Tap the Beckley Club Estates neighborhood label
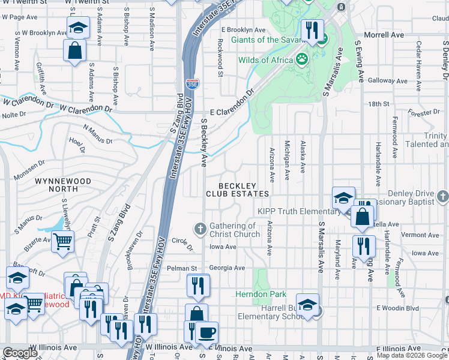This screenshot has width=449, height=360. (237, 190)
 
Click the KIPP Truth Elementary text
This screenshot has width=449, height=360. (299, 211)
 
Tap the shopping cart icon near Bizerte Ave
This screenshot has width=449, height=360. (62, 242)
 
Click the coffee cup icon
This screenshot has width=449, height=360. (207, 332)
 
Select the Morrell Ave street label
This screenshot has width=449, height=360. (384, 35)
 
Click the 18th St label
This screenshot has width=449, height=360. (379, 104)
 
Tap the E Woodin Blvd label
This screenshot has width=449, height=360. (397, 308)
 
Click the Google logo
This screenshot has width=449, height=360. (20, 353)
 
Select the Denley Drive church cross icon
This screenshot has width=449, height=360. (442, 196)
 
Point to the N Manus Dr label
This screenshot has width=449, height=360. (98, 135)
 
